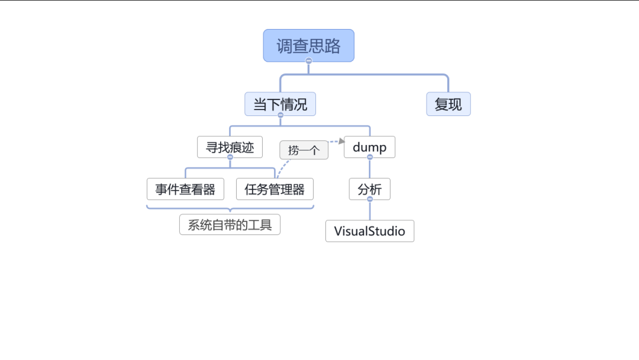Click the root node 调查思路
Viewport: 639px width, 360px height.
tap(308, 46)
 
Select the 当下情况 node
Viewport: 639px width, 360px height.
tap(280, 104)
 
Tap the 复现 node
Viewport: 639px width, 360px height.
tap(448, 104)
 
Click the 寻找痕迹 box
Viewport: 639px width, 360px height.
tap(230, 147)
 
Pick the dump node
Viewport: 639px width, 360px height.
tap(369, 147)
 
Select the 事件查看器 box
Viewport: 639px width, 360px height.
tap(185, 189)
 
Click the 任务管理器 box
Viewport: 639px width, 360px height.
tap(275, 189)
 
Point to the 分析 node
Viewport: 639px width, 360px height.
tap(369, 189)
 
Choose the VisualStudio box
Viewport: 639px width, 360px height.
tap(369, 231)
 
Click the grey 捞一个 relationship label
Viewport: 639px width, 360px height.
tap(304, 150)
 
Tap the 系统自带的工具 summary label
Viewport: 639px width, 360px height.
tap(230, 225)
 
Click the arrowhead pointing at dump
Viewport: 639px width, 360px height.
tap(341, 141)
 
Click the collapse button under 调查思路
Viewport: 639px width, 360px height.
tap(308, 61)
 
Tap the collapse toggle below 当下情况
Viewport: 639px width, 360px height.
tap(280, 115)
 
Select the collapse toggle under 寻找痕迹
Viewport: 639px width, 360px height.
tap(230, 157)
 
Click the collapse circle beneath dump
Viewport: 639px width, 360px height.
tap(370, 157)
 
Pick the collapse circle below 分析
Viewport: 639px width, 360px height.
tap(370, 199)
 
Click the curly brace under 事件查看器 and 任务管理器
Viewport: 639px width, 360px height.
tap(230, 208)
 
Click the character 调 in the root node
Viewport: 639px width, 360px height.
tap(285, 46)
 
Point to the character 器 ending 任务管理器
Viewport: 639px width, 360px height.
tap(298, 189)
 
